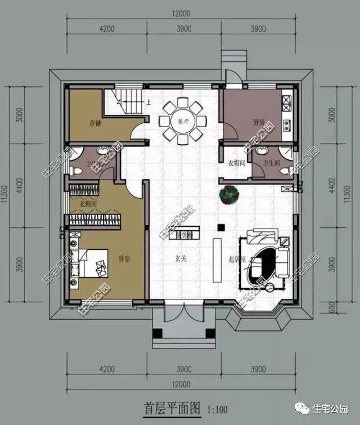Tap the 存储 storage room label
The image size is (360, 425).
pos(95,123)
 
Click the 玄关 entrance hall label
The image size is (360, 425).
pos(180,260)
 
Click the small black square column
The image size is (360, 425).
pos(222,227)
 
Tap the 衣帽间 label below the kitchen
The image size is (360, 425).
pos(235,163)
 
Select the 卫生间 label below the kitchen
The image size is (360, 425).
pos(272,163)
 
